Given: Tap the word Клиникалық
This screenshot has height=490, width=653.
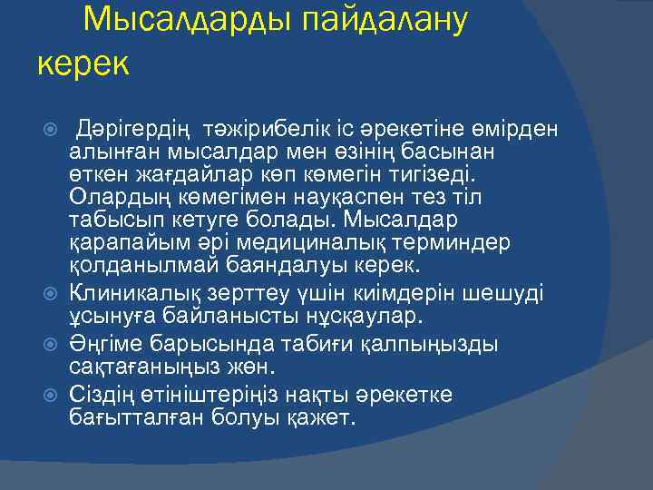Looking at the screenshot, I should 132,292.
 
